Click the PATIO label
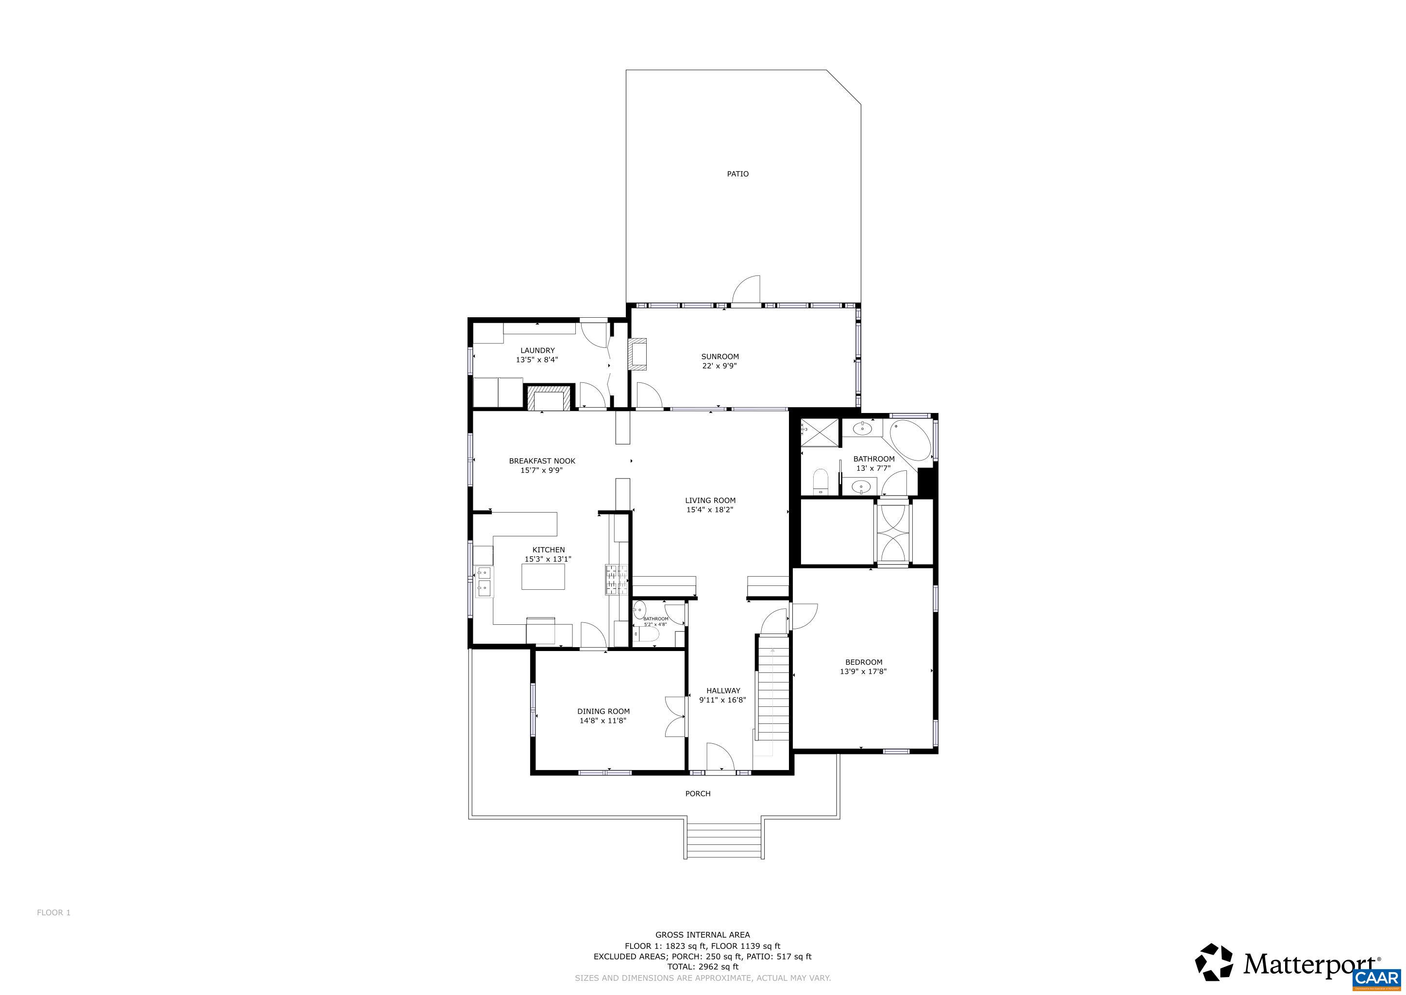point(737,174)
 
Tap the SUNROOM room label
point(720,357)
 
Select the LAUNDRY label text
point(537,350)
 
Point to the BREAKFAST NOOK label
point(542,461)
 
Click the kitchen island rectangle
point(543,577)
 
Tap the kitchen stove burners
point(188,580)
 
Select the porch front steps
point(724,840)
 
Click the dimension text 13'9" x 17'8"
point(863,671)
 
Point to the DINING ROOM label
point(603,711)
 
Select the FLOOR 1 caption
point(54,912)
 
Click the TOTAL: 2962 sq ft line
point(703,966)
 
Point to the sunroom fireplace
point(638,355)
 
